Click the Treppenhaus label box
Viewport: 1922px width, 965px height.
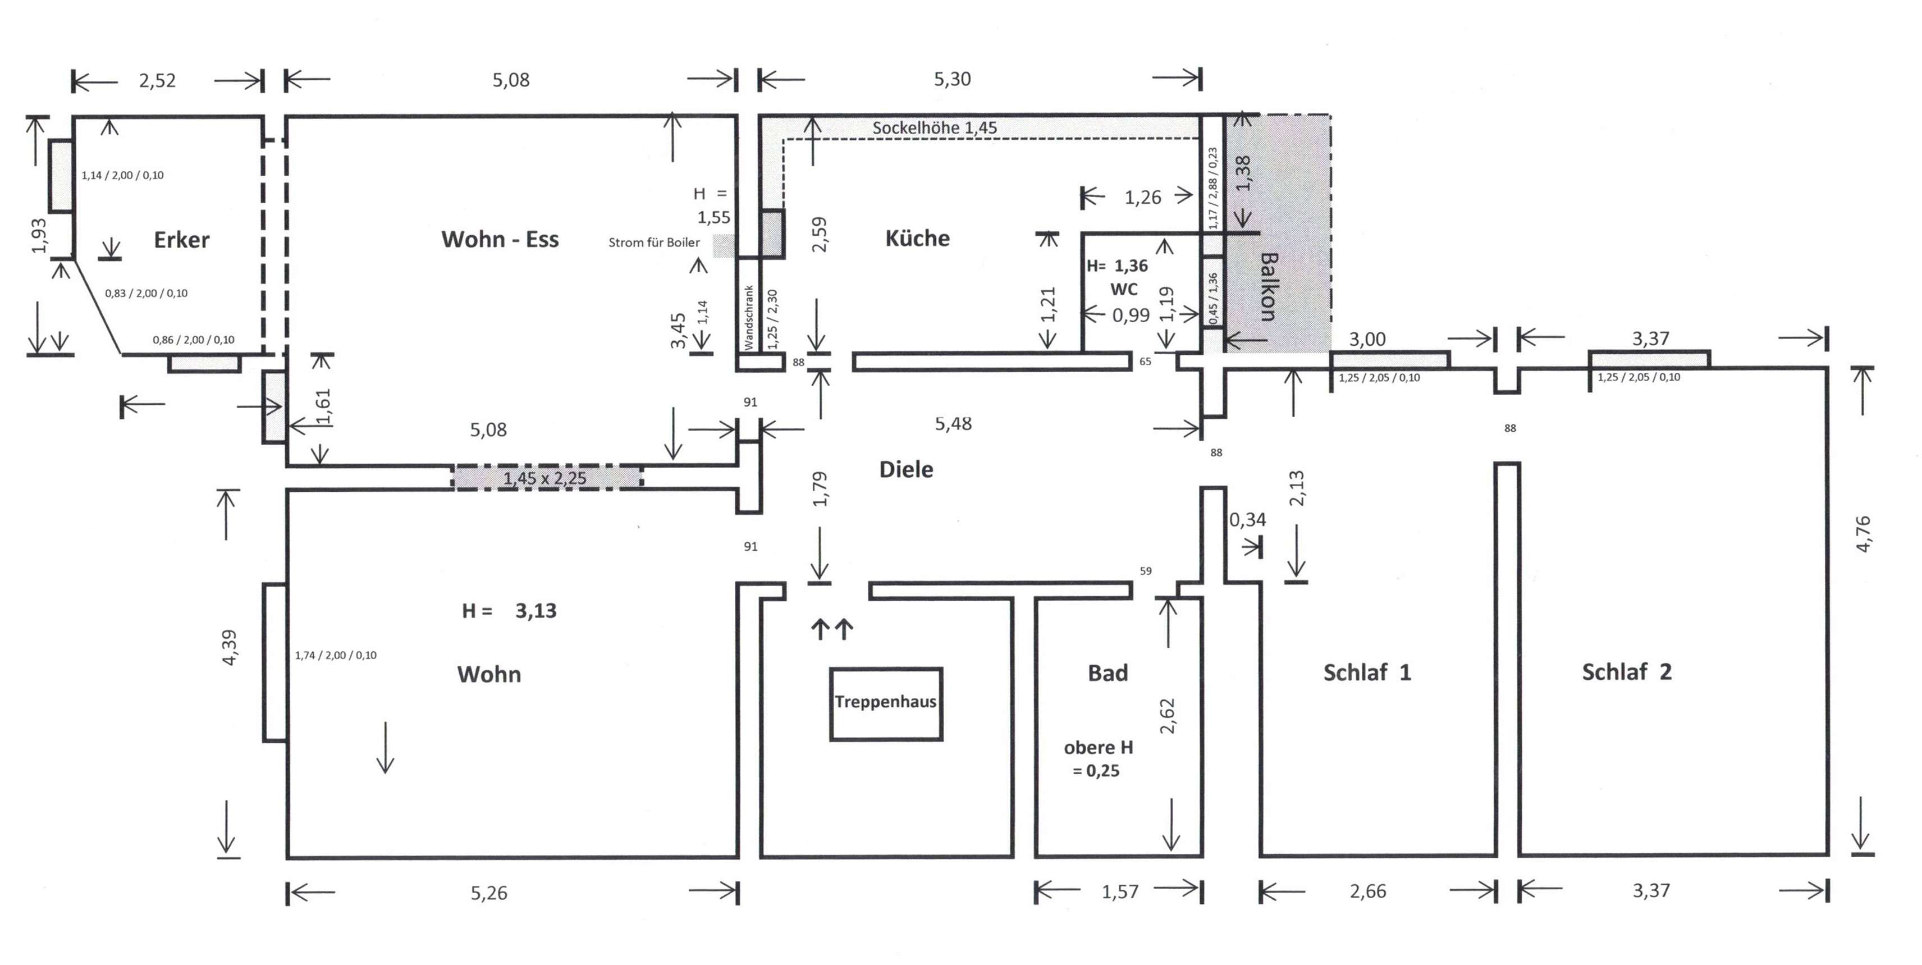[886, 703]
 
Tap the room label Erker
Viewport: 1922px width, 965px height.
[181, 240]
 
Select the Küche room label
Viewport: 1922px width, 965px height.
[917, 239]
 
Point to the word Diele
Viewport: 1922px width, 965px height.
[906, 469]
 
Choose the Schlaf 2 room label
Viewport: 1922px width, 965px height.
[1627, 672]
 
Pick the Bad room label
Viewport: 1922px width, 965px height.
[1108, 673]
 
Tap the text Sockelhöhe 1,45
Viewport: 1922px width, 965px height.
[934, 127]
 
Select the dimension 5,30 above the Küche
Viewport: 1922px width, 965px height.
[952, 79]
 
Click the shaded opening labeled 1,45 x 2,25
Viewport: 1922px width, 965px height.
[546, 478]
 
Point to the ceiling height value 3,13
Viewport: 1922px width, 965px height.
[536, 611]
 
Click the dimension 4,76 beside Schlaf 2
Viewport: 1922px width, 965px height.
[1863, 534]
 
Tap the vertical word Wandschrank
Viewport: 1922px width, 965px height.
[749, 318]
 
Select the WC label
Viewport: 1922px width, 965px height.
[1124, 290]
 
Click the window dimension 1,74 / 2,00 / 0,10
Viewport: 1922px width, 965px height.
[336, 655]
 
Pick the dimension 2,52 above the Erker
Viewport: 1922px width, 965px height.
[157, 81]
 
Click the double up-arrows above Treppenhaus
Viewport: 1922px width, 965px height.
[832, 629]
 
